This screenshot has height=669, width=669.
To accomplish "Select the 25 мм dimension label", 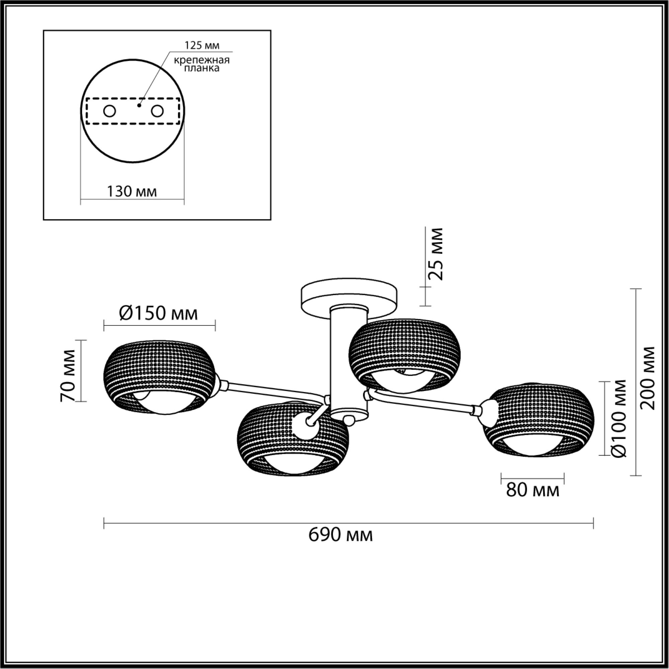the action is (435, 254).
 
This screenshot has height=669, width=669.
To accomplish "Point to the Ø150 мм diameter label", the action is (159, 313).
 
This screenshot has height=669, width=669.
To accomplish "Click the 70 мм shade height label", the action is (68, 376).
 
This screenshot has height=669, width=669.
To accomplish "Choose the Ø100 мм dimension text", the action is (619, 419).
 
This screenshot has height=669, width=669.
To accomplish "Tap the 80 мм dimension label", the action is (533, 490).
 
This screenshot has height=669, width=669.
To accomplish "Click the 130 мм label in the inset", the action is (132, 191).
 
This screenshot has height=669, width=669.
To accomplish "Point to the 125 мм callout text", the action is (202, 45).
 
